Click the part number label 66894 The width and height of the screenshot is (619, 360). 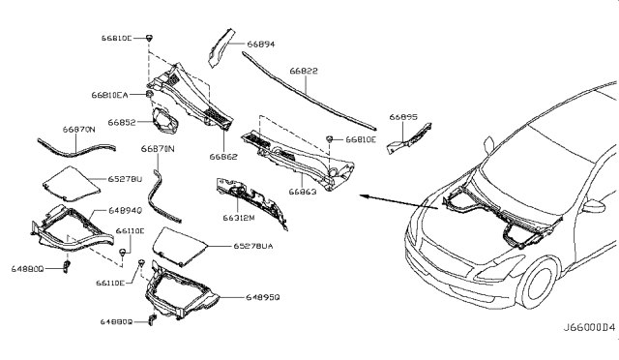pyautogui.click(x=261, y=44)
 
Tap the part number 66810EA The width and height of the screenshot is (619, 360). pyautogui.click(x=110, y=96)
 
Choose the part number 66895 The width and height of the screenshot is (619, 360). pyautogui.click(x=403, y=116)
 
